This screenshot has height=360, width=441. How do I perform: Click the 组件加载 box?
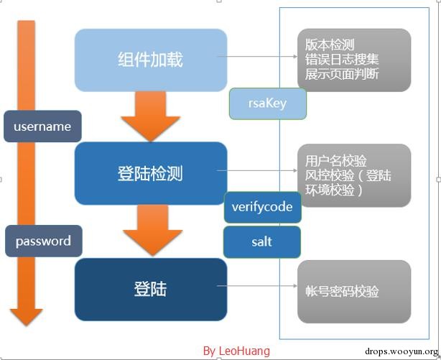click(x=150, y=59)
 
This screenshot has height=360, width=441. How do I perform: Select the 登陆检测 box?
click(x=150, y=173)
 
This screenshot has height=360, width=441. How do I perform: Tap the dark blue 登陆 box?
click(x=150, y=289)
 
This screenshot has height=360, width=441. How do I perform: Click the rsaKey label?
click(x=267, y=103)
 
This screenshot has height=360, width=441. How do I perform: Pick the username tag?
click(x=42, y=126)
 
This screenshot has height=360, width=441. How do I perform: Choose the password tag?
click(x=43, y=241)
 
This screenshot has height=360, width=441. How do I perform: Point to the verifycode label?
click(x=262, y=207)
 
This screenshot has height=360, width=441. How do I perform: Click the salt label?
click(x=262, y=241)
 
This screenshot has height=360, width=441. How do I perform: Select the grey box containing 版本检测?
click(x=353, y=60)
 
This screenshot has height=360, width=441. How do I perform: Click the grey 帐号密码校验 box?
click(x=353, y=291)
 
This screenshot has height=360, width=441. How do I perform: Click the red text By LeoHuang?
click(x=236, y=351)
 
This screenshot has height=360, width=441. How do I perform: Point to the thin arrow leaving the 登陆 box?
click(x=262, y=290)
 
